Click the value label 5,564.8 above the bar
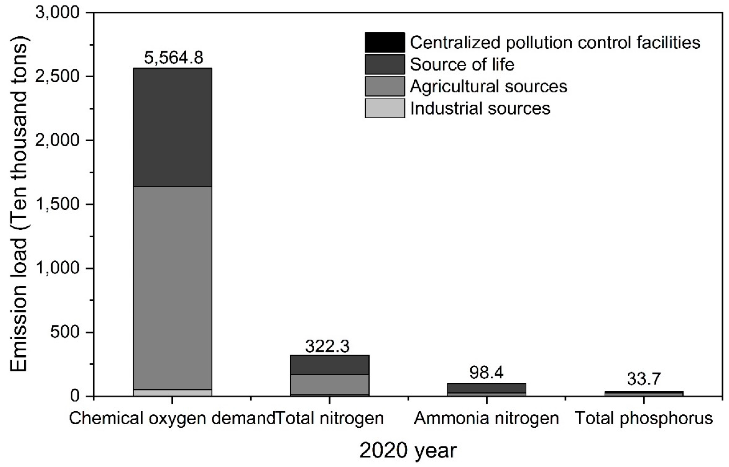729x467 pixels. (x=173, y=58)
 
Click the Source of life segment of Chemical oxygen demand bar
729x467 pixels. (x=173, y=127)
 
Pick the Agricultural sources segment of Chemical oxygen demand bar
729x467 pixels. (x=173, y=288)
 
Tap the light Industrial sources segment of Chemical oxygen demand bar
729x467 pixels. (x=173, y=392)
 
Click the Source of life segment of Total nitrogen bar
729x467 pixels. (x=330, y=365)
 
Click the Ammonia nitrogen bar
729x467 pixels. (x=487, y=388)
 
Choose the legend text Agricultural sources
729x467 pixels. (x=488, y=86)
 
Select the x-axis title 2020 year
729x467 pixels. (x=408, y=450)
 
